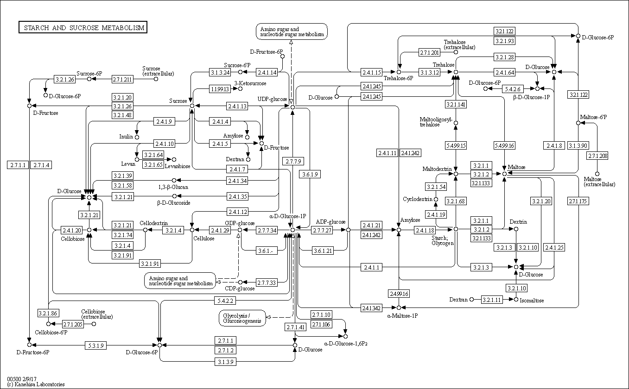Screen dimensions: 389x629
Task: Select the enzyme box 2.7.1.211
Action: tap(122, 79)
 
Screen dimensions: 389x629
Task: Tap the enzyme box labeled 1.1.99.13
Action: tap(220, 89)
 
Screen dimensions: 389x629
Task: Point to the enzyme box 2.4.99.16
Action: tap(399, 294)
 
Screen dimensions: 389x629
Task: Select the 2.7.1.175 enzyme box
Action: tap(577, 201)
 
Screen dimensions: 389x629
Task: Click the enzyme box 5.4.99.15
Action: tap(456, 145)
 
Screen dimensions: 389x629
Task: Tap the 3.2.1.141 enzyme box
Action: tap(456, 104)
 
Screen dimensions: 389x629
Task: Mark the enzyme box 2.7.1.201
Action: tap(429, 52)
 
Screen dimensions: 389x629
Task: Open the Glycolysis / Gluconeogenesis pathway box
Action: tap(242, 318)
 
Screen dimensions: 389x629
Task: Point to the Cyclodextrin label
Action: tap(418, 199)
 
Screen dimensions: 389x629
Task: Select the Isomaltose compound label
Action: tap(532, 300)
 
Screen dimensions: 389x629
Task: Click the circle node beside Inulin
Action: tap(137, 137)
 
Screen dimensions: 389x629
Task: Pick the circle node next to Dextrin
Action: tap(516, 229)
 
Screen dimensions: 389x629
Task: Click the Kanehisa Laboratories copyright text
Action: tap(36, 384)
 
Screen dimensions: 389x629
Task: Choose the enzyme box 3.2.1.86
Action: tap(48, 314)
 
